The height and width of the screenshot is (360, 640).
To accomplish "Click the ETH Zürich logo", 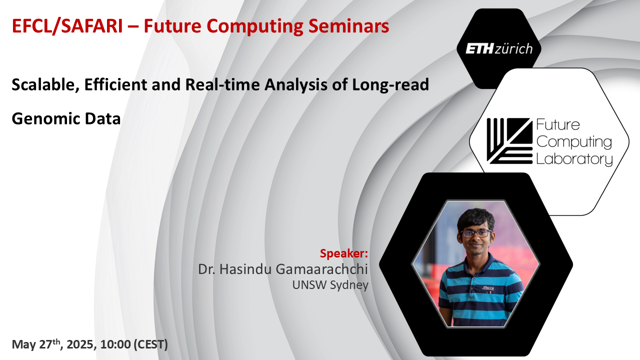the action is click(x=499, y=48).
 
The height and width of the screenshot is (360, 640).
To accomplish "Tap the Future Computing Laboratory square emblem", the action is click(x=509, y=141).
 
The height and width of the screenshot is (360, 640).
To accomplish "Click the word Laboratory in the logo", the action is click(x=574, y=159).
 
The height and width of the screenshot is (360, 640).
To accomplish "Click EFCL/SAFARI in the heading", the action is click(x=67, y=26).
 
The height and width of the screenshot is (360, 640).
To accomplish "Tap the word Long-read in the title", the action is click(x=390, y=85).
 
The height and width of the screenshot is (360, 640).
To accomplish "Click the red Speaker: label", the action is click(x=343, y=253).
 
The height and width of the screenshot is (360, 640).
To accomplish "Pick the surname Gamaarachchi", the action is click(x=321, y=269).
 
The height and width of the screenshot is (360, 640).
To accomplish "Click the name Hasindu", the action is click(x=245, y=269).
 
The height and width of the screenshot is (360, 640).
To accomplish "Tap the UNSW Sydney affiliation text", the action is click(x=330, y=285).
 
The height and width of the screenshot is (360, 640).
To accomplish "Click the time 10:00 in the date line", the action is click(x=115, y=344).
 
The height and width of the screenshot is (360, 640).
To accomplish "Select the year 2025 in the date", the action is click(x=79, y=344).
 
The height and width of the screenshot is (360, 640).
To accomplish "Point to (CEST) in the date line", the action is click(x=151, y=344).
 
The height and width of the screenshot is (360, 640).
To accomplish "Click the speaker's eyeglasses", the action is click(x=476, y=233).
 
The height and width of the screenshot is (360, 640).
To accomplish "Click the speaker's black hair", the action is click(x=475, y=218).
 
